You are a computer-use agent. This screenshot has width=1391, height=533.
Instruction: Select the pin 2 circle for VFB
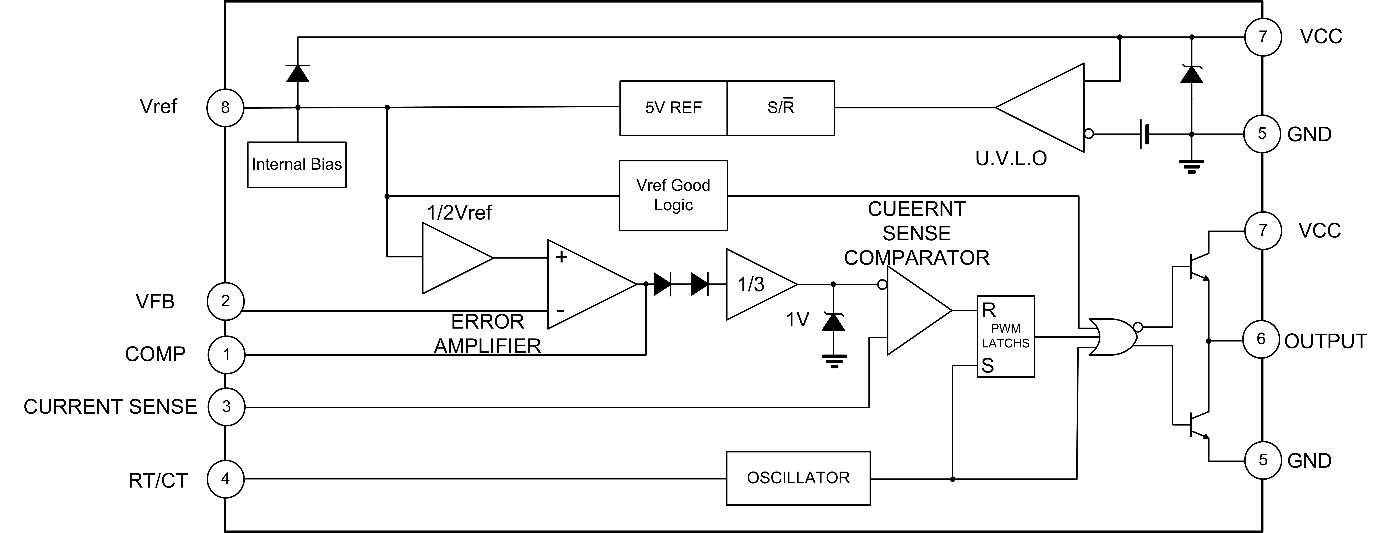pos(226,301)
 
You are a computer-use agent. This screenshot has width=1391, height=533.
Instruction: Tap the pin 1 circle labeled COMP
pos(226,355)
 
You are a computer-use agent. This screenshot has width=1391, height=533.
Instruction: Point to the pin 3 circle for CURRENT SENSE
pos(226,407)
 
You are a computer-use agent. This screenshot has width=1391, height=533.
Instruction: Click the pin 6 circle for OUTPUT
pos(1261,339)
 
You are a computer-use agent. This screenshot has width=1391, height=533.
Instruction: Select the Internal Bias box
pos(296,165)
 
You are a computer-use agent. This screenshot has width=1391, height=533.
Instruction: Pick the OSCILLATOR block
pos(798,478)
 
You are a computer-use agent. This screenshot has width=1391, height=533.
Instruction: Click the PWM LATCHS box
pos(1005,336)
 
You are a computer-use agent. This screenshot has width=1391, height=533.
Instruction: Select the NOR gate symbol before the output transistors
pos(1112,337)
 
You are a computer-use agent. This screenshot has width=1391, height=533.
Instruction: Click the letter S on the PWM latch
pos(988,366)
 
